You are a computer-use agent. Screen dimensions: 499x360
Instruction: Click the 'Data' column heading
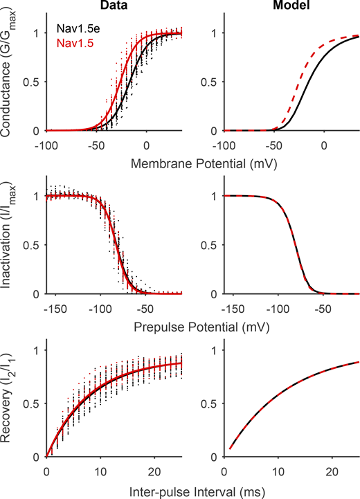(x=114, y=7)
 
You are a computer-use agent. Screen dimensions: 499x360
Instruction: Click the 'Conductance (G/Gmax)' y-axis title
(x=10, y=75)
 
